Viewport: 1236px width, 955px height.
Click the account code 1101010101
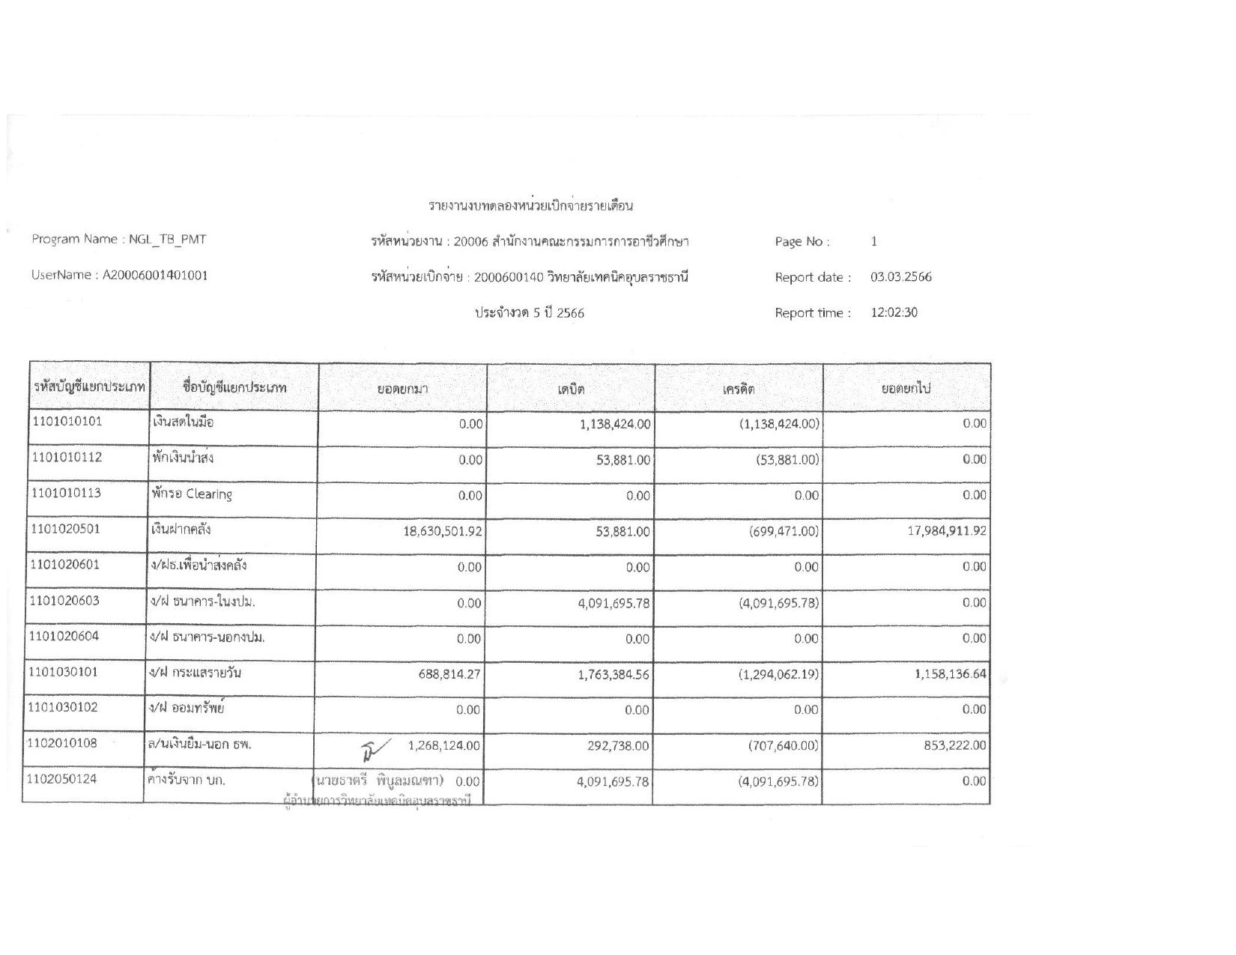pyautogui.click(x=67, y=421)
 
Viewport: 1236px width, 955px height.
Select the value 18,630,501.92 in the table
pyautogui.click(x=443, y=531)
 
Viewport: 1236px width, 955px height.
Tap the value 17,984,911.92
pyautogui.click(x=947, y=531)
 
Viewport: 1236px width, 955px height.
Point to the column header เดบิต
pyautogui.click(x=571, y=389)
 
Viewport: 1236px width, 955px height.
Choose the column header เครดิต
pyautogui.click(x=739, y=389)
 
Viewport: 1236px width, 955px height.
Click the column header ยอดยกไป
pyautogui.click(x=906, y=389)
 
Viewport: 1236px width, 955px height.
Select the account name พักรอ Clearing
pyautogui.click(x=192, y=494)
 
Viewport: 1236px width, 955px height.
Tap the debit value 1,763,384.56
pyautogui.click(x=614, y=673)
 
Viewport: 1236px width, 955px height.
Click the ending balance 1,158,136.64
pyautogui.click(x=950, y=673)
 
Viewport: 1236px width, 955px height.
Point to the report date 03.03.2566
pyautogui.click(x=900, y=277)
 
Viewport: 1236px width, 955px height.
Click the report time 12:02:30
pyautogui.click(x=894, y=312)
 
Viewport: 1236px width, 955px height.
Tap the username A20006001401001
pyautogui.click(x=155, y=275)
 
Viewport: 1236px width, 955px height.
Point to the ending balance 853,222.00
pyautogui.click(x=954, y=745)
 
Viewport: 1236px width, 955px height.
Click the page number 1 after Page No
pyautogui.click(x=874, y=241)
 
